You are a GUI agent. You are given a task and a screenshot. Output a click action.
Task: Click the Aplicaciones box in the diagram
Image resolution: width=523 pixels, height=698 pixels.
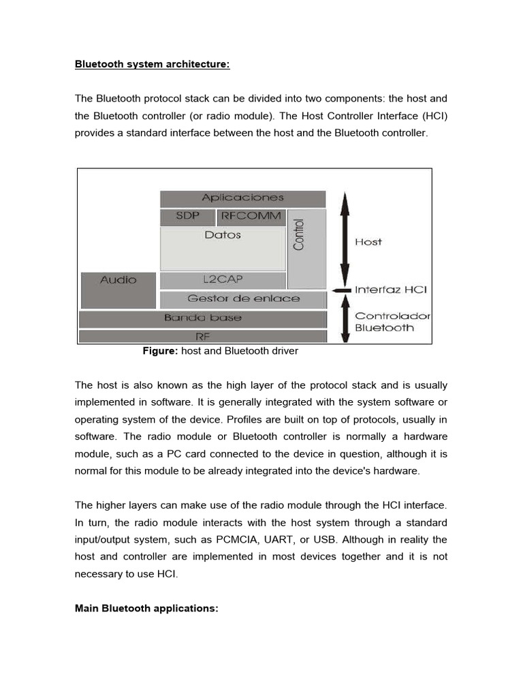242,198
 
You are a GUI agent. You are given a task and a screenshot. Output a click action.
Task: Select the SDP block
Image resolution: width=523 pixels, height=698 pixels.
187,217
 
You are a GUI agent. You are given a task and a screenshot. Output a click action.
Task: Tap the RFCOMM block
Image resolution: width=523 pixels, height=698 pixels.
251,217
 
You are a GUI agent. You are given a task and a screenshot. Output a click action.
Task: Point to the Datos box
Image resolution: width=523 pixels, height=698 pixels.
223,249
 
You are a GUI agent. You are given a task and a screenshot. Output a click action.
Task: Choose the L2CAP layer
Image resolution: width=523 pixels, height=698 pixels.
223,280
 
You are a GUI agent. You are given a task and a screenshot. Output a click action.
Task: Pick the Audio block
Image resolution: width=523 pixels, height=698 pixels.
118,290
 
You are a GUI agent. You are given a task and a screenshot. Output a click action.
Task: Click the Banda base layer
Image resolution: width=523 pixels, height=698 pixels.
202,318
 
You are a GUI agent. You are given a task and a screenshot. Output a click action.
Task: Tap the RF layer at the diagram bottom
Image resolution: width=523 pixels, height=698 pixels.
202,336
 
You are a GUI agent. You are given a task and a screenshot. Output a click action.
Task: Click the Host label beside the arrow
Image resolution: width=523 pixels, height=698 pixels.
368,242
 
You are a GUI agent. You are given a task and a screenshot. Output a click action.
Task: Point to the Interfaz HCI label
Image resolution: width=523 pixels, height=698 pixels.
390,290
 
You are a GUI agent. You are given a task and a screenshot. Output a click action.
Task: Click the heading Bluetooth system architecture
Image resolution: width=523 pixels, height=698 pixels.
152,65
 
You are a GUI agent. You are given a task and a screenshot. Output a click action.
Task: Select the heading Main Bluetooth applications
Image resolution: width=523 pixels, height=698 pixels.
146,608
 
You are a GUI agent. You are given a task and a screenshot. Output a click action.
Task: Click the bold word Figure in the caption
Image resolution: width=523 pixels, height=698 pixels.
159,351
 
